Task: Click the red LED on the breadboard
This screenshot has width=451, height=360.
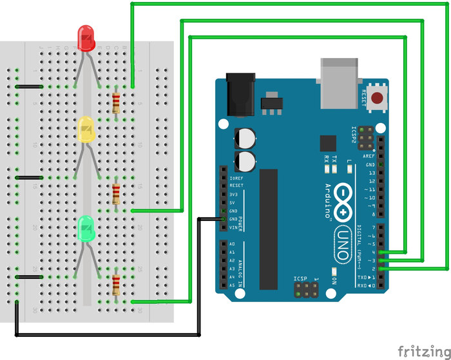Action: [86, 38]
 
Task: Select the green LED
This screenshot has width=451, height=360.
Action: [86, 228]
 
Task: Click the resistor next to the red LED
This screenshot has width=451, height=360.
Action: [116, 102]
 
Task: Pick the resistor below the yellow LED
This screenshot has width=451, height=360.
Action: [116, 193]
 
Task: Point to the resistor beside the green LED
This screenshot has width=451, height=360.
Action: [116, 283]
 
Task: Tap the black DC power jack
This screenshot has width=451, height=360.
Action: [240, 97]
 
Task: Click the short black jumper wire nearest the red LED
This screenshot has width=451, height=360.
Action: [29, 86]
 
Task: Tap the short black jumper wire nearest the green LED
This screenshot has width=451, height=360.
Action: [29, 277]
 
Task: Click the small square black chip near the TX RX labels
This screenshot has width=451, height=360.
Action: [328, 143]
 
